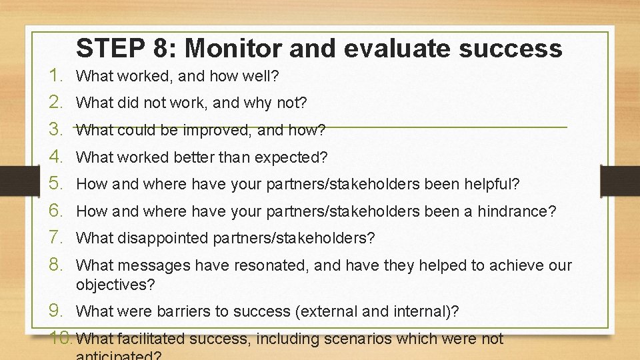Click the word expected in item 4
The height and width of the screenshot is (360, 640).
pyautogui.click(x=293, y=157)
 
